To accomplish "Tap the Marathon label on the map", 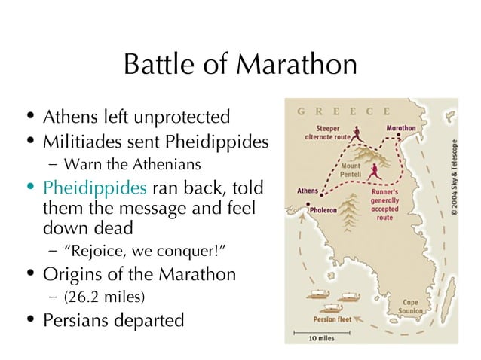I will pos(401,128).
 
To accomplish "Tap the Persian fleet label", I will pos(332,318).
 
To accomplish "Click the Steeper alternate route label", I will pos(326,133).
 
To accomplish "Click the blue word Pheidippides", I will pos(81,187).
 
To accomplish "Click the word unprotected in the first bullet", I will pos(182,118).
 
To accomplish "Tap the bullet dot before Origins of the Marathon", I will pos(29,273).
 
